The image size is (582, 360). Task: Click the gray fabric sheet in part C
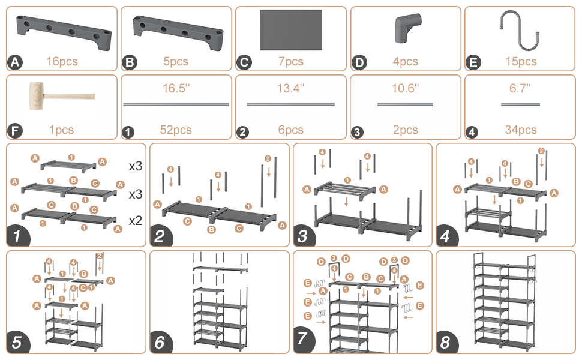point(291,29)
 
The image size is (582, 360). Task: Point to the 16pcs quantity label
point(62,61)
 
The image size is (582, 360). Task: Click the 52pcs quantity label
point(176,130)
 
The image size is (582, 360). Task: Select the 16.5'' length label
point(176,88)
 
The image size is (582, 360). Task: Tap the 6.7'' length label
point(520,88)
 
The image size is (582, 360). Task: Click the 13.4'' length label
point(291,88)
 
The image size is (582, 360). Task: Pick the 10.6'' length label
point(406,88)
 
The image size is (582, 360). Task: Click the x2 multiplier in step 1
point(136,220)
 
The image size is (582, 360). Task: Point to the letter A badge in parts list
point(14,62)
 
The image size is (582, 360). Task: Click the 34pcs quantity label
point(520,130)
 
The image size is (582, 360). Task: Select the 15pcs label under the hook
point(520,61)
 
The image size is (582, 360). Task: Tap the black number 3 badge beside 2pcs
point(358,130)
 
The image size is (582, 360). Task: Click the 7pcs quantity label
point(291,61)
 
